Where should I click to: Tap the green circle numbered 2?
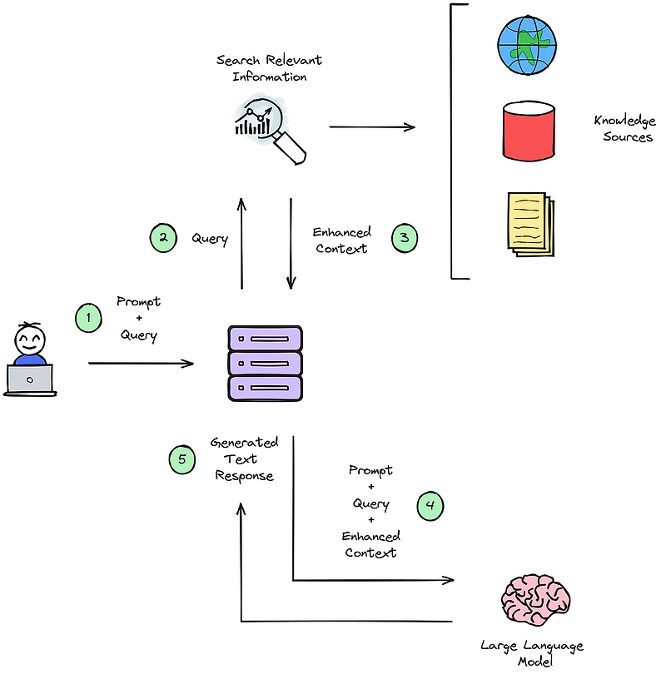pyautogui.click(x=163, y=238)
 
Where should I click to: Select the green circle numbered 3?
pyautogui.click(x=405, y=239)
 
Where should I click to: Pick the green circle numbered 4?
pyautogui.click(x=430, y=505)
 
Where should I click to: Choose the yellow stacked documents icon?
pyautogui.click(x=528, y=222)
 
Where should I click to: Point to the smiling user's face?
pyautogui.click(x=30, y=339)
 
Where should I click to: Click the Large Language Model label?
pyautogui.click(x=533, y=653)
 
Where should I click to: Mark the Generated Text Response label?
pyautogui.click(x=244, y=458)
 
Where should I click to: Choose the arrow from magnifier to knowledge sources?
pyautogui.click(x=371, y=127)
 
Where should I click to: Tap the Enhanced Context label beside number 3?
pyautogui.click(x=342, y=240)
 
